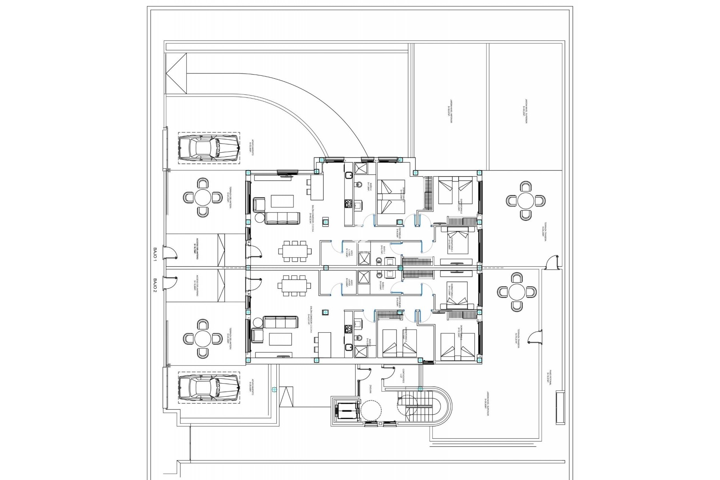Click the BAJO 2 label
(x=155, y=284)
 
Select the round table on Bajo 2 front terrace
(x=203, y=339)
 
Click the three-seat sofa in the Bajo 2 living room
(x=280, y=322)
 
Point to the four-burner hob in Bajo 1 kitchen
(x=348, y=204)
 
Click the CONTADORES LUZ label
(x=402, y=385)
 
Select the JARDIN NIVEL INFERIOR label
(x=448, y=109)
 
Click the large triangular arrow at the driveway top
(x=176, y=74)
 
